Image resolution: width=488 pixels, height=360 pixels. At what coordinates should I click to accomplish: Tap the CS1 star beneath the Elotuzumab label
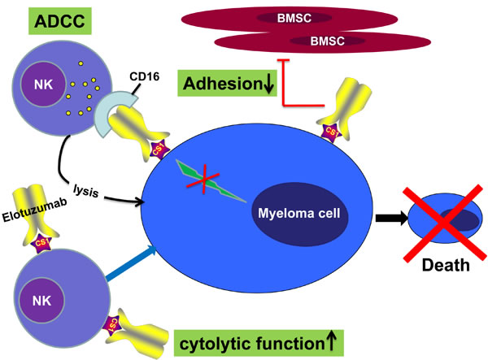39,242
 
